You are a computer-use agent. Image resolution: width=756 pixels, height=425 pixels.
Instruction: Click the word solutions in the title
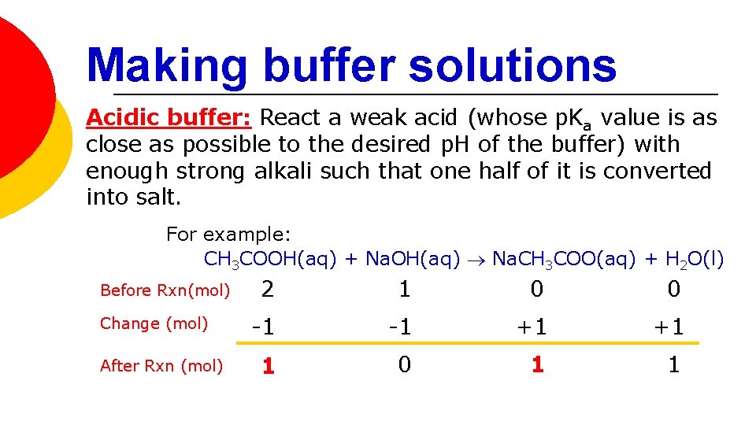pos(513,65)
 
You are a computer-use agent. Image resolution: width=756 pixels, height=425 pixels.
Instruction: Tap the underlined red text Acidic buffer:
pos(169,118)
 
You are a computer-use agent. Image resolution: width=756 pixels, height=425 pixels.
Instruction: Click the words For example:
pos(228,234)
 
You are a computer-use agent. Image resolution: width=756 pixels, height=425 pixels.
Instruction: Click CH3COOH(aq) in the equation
pos(271,259)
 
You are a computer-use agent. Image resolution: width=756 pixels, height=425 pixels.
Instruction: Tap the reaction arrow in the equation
pos(476,259)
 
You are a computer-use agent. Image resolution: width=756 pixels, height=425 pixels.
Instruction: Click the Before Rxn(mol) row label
pos(165,290)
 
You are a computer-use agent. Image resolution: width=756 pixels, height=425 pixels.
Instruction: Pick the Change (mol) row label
pos(154,323)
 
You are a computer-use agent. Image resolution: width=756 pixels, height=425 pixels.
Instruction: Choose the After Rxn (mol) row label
pos(161,366)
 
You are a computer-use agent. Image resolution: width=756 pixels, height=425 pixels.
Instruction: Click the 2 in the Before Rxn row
pos(268,290)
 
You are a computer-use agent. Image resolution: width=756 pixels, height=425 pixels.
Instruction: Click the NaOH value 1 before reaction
pos(404,290)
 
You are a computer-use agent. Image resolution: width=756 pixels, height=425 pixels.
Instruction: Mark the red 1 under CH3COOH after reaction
pos(269,367)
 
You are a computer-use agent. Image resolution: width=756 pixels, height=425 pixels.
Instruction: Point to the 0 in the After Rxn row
pos(404,364)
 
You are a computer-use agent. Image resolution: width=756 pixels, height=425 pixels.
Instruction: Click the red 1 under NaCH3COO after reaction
pos(537,364)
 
